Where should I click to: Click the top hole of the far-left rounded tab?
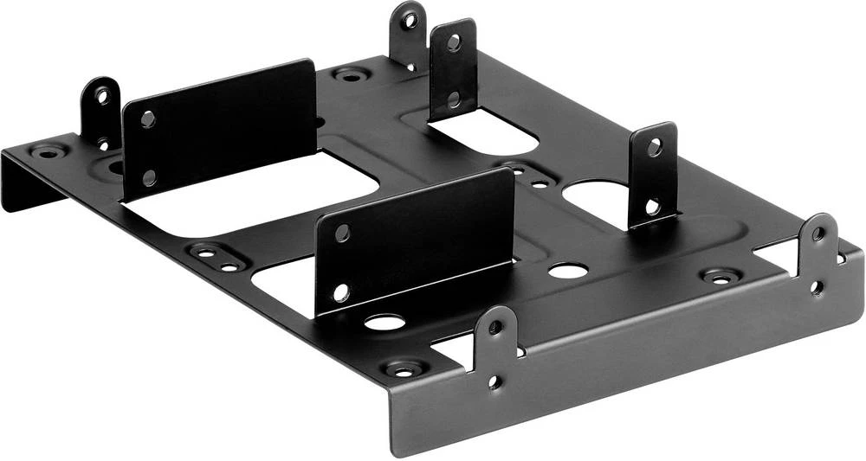click(102, 95)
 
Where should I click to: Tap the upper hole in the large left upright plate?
click(148, 118)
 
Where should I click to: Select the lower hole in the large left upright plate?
click(148, 177)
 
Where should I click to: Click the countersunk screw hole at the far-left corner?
click(46, 152)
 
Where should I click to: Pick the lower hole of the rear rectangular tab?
click(454, 99)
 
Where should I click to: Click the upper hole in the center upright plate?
click(342, 232)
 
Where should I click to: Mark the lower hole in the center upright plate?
click(341, 291)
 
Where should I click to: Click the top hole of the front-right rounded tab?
click(818, 233)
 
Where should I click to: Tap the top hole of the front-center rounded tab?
click(495, 327)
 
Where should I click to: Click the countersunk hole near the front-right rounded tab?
click(721, 277)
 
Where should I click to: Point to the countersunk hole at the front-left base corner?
click(404, 369)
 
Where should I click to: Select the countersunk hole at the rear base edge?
click(350, 75)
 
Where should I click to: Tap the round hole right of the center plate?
click(567, 271)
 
